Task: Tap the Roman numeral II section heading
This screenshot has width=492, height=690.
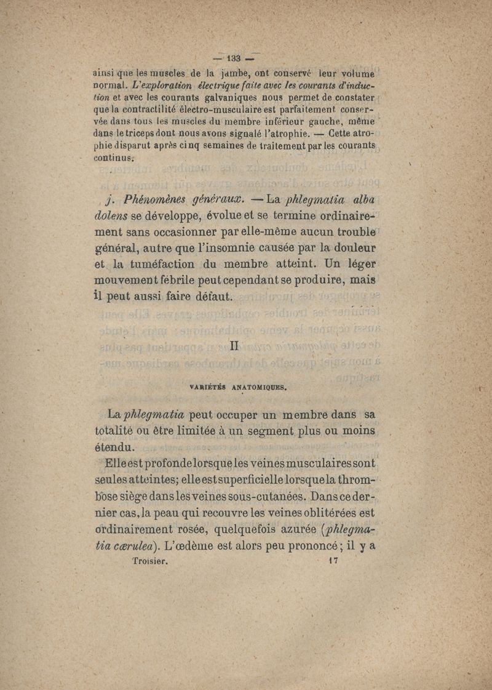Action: [234, 347]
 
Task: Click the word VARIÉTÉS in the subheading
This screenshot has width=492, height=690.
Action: [210, 388]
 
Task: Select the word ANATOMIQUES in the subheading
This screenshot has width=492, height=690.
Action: [261, 388]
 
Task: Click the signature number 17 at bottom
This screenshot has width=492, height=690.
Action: [335, 561]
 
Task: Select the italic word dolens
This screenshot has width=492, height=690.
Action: [111, 217]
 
